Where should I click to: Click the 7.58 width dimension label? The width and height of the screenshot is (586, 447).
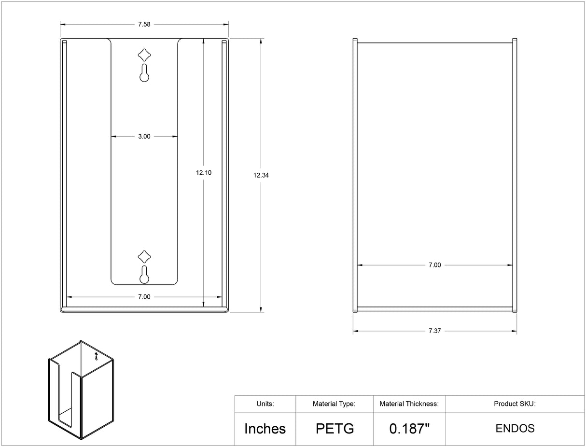[x=144, y=24]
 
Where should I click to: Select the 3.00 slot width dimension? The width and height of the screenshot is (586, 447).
[x=144, y=136]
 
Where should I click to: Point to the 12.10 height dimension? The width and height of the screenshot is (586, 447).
[x=204, y=173]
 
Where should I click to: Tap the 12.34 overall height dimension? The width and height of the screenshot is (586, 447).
[x=261, y=175]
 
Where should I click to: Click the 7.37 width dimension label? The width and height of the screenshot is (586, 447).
[x=434, y=331]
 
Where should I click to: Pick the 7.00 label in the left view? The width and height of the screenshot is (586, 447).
[x=144, y=297]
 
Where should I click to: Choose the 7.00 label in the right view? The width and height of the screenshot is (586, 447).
[x=434, y=265]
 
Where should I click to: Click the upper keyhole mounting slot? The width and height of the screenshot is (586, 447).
[x=144, y=73]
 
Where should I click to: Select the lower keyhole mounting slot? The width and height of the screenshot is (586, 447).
[x=144, y=275]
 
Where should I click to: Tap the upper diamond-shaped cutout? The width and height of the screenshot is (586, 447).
[x=144, y=55]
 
